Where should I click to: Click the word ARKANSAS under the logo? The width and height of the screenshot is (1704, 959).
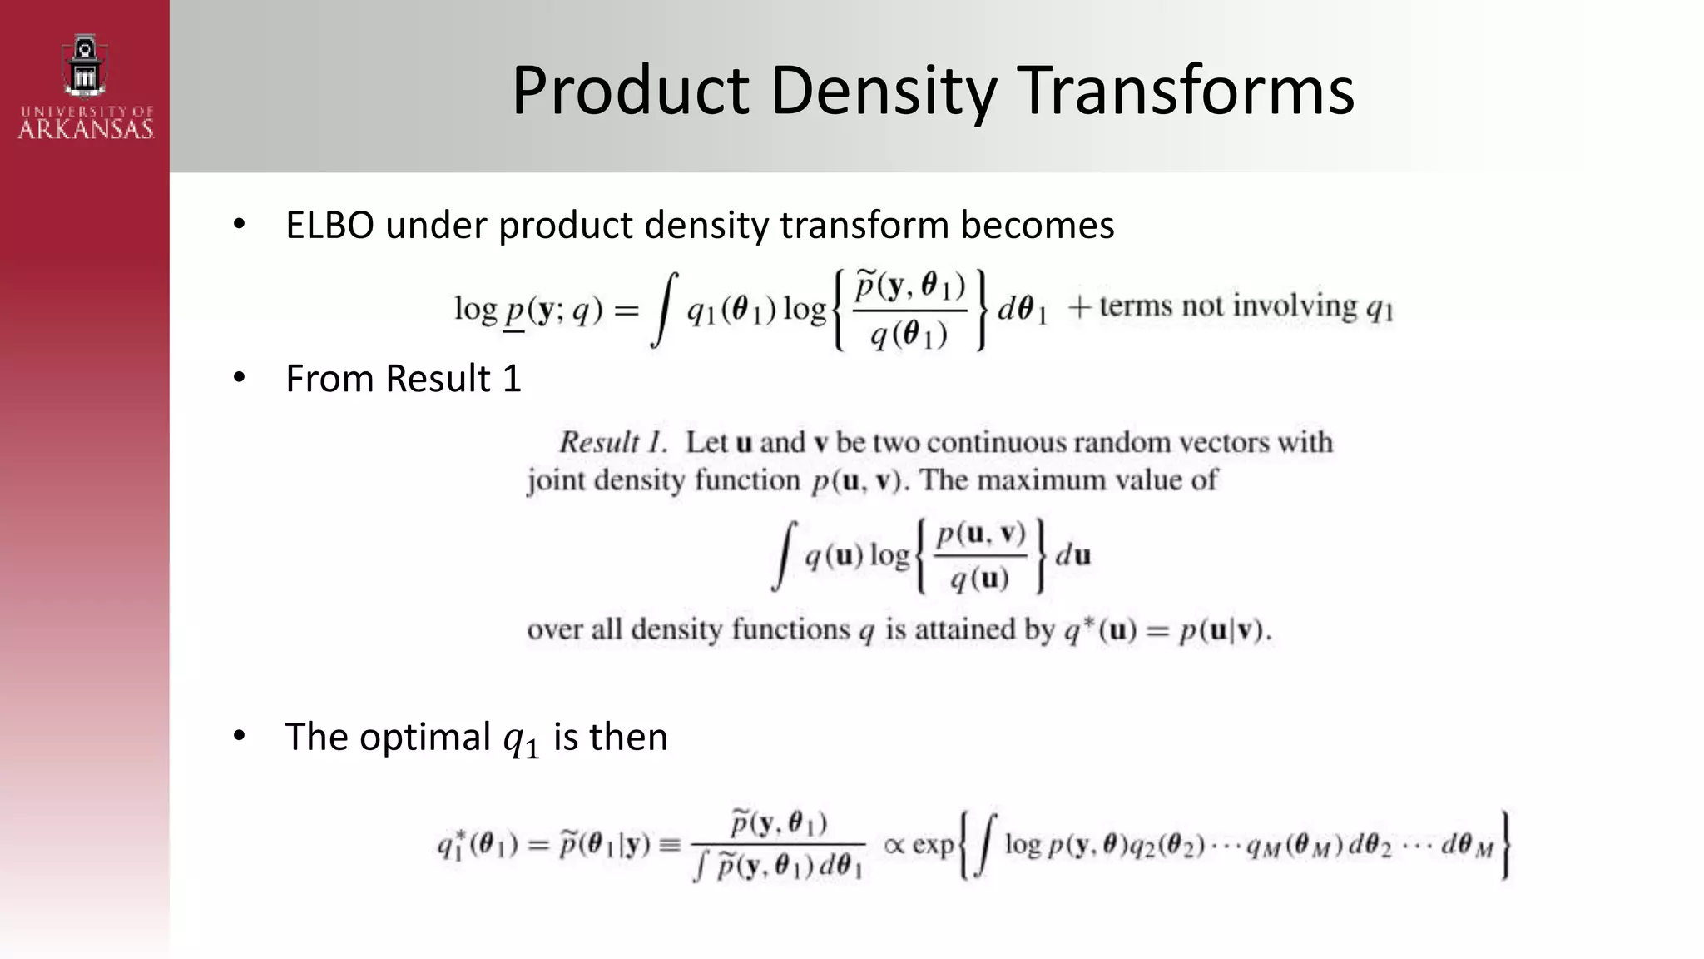[86, 129]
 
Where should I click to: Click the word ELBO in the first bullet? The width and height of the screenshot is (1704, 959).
[329, 226]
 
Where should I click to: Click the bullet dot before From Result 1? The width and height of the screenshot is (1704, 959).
[240, 378]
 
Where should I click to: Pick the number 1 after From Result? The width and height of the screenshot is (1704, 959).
[512, 379]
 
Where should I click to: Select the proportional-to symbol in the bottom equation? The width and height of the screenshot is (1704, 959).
[894, 846]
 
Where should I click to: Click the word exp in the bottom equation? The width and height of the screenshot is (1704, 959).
[933, 846]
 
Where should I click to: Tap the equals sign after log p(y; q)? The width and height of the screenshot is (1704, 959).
[627, 311]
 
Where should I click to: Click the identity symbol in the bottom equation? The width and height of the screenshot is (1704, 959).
[669, 846]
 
